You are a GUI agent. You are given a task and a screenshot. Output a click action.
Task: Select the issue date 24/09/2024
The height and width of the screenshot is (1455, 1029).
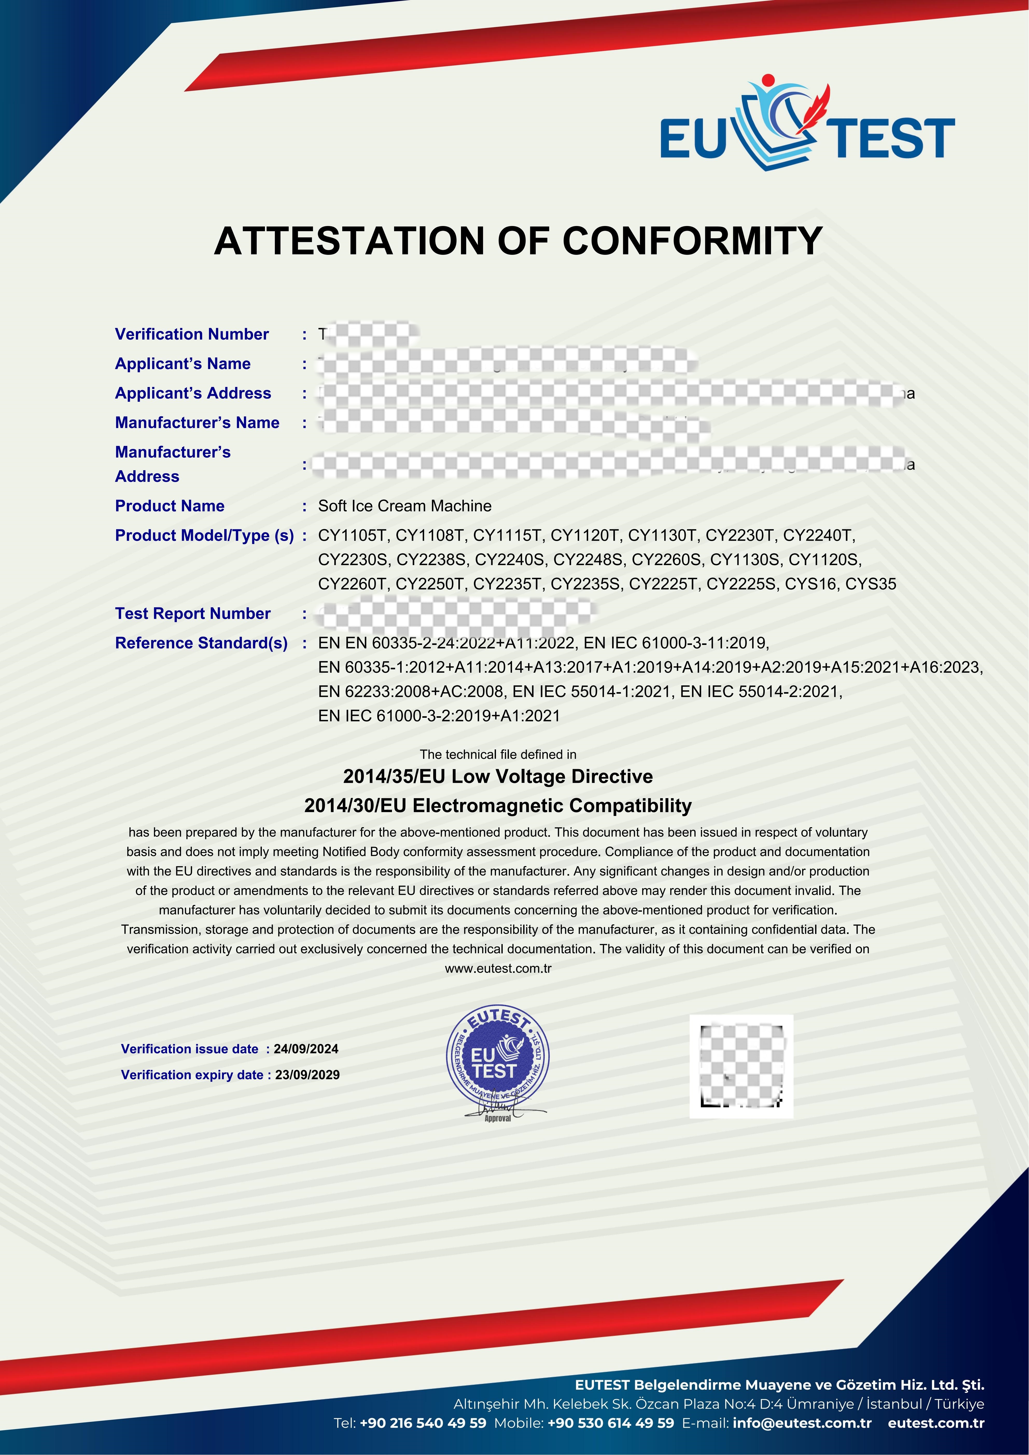pos(306,1049)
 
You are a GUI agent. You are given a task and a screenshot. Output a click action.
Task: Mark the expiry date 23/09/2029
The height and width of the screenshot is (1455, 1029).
pos(307,1075)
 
